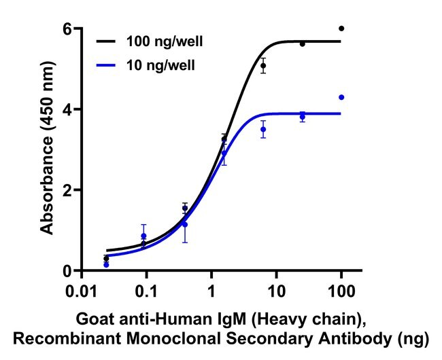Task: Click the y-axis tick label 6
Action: tap(69, 29)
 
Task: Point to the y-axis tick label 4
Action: tap(69, 109)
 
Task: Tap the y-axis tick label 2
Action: tap(69, 190)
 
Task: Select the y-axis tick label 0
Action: tap(69, 271)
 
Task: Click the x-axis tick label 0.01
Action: tap(81, 292)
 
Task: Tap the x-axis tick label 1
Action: tap(211, 292)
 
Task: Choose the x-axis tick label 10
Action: tap(276, 292)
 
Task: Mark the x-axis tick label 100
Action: tap(341, 292)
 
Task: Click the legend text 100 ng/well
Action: tap(164, 41)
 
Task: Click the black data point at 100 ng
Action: tap(341, 29)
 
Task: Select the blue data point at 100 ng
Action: tap(341, 97)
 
